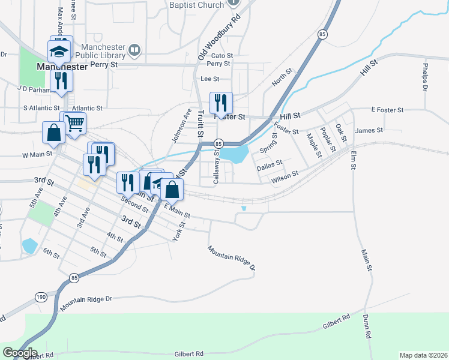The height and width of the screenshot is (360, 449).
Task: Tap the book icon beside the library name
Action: point(134,50)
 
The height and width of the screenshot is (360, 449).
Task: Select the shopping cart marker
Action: point(74,123)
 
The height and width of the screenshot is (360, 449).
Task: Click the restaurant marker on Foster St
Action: point(221,103)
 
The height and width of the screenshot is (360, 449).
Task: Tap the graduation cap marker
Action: point(60,50)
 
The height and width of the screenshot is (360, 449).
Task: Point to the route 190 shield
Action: point(41,297)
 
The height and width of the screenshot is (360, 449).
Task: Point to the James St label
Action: point(369,130)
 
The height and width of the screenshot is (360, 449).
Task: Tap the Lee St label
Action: point(210,79)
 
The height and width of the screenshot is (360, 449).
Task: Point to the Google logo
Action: point(19,353)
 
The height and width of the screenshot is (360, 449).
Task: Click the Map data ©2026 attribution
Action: point(423,355)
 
